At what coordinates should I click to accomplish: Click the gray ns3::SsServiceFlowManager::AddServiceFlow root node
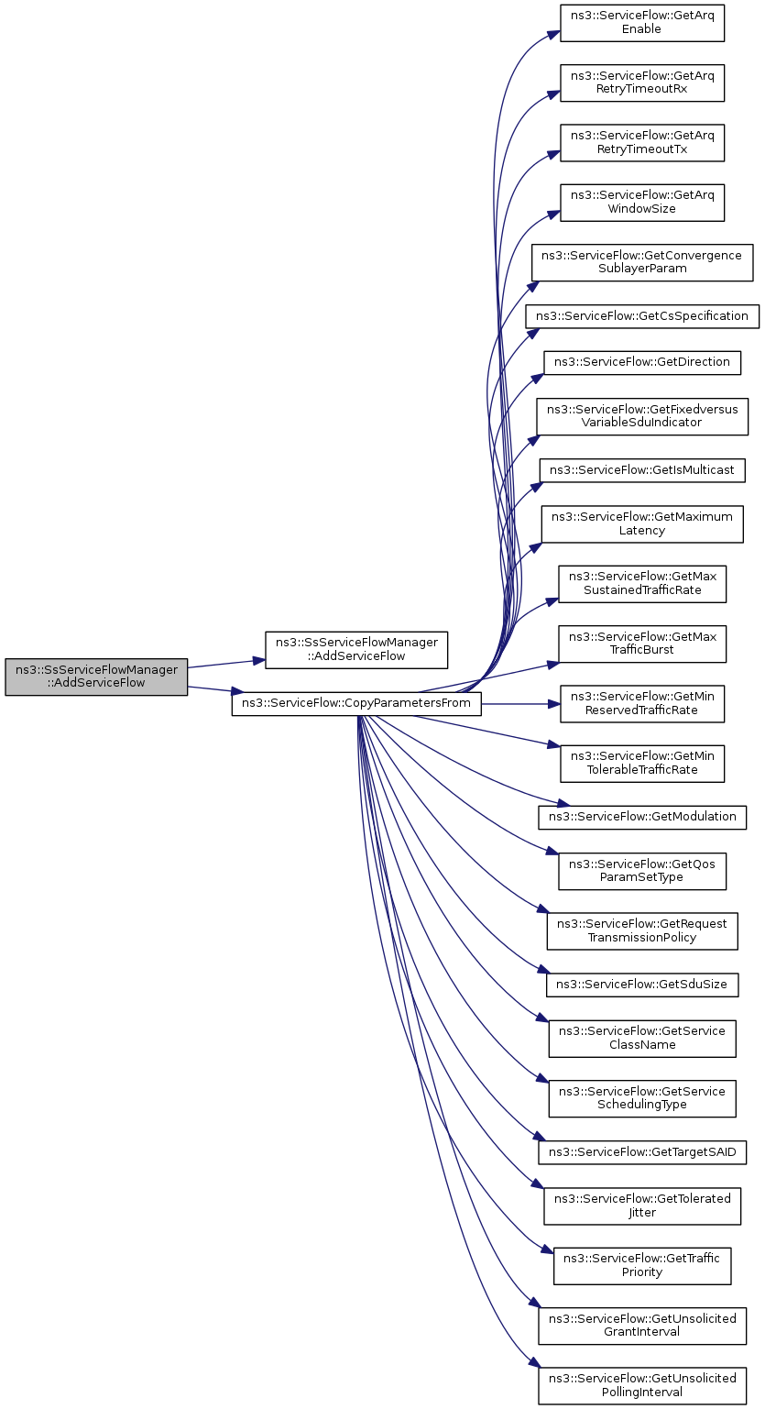coord(96,677)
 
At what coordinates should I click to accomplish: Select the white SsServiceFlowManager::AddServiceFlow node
coord(356,650)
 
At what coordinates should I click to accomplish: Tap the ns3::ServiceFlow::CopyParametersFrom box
coord(356,703)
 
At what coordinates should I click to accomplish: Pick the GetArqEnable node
coord(642,23)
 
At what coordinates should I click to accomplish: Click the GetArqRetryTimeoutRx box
coord(642,83)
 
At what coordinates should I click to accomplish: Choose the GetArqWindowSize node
coord(642,203)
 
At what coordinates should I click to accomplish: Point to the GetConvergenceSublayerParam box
coord(642,262)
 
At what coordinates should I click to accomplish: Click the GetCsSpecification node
coord(642,315)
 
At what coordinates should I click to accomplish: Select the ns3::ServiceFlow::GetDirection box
coord(642,362)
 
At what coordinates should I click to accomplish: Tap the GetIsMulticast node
coord(642,470)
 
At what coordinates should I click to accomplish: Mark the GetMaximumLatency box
coord(642,524)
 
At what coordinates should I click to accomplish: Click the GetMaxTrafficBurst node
coord(642,644)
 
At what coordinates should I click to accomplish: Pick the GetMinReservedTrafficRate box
coord(642,704)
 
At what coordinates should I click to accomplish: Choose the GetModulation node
coord(642,817)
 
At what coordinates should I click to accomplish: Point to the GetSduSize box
coord(642,985)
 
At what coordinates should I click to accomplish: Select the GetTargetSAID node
coord(642,1152)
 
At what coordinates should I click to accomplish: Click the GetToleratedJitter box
coord(642,1206)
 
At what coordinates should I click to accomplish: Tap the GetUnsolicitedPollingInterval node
coord(642,1386)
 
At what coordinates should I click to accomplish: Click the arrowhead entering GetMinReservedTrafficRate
coord(555,704)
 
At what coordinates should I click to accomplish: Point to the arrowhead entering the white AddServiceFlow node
coord(260,660)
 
